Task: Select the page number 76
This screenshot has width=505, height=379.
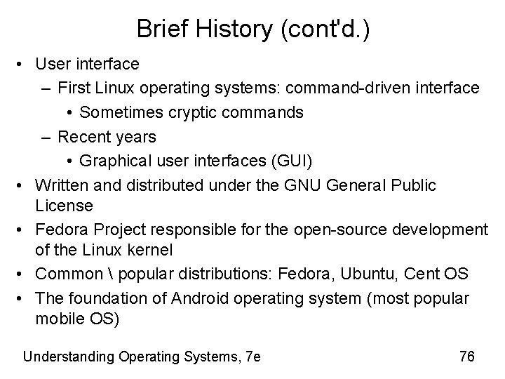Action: [x=466, y=357]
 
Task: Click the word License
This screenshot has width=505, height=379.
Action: [x=63, y=206]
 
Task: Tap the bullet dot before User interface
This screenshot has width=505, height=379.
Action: [x=23, y=65]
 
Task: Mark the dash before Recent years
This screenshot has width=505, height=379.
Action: [x=46, y=136]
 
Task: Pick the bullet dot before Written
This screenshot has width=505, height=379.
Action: [x=23, y=185]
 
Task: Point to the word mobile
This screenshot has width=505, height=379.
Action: [x=57, y=319]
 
